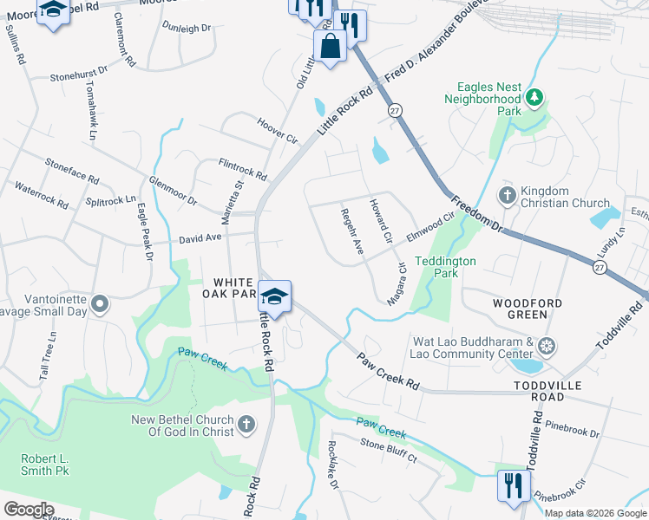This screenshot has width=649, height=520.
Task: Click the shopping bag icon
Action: click(331, 45)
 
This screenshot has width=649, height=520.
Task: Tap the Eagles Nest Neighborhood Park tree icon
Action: click(536, 95)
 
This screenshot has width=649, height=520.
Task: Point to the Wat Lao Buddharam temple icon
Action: click(547, 348)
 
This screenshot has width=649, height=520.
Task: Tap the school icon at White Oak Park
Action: click(274, 296)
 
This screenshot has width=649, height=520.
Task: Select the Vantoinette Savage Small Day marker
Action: click(100, 304)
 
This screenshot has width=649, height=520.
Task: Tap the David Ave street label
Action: click(201, 237)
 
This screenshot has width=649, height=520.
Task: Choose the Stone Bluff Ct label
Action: click(389, 450)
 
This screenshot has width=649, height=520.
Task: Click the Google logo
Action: click(29, 510)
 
